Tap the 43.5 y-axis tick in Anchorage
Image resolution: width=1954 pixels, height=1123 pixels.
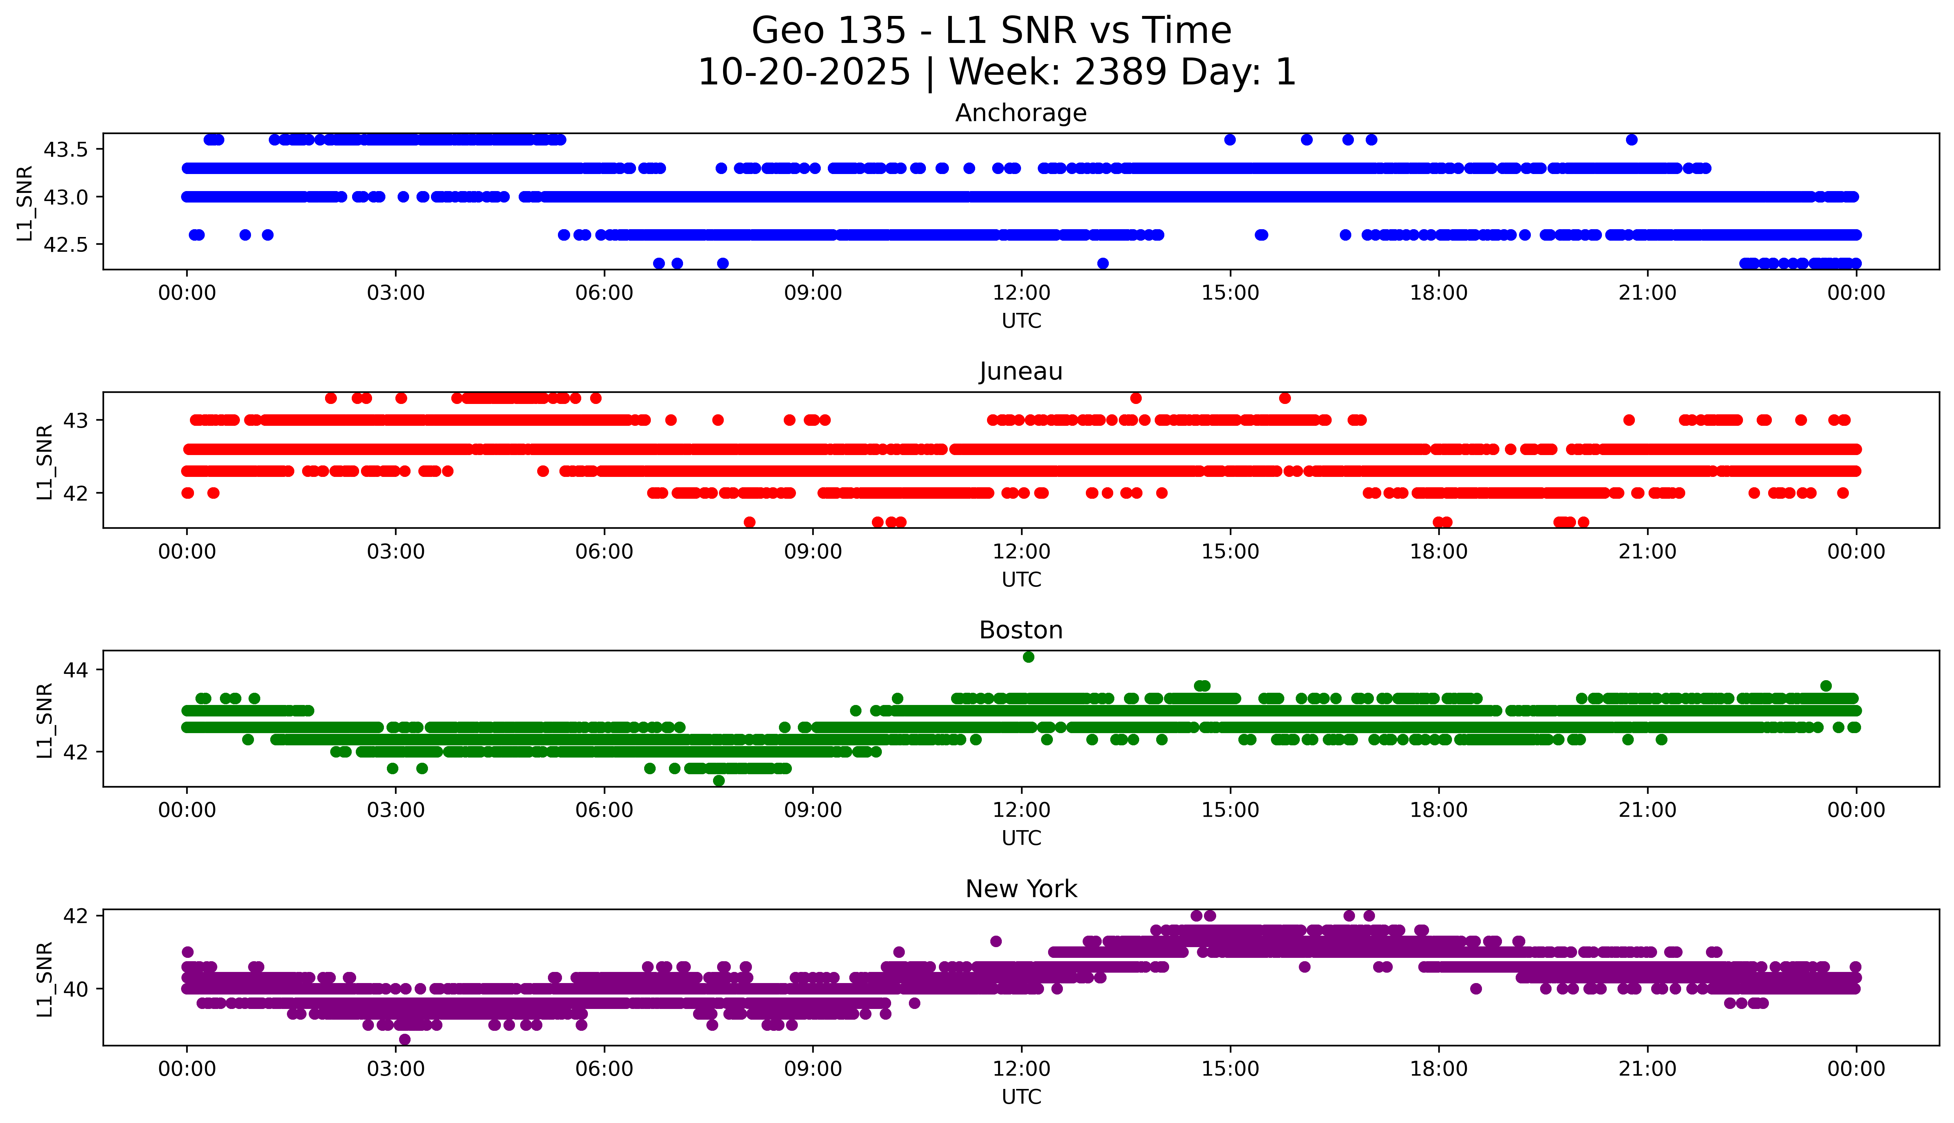click(x=68, y=150)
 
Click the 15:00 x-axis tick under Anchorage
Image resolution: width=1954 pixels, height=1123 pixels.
click(x=1230, y=293)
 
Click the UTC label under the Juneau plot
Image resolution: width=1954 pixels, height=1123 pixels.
click(x=1021, y=579)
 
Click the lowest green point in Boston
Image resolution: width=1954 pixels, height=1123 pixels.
click(x=719, y=781)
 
